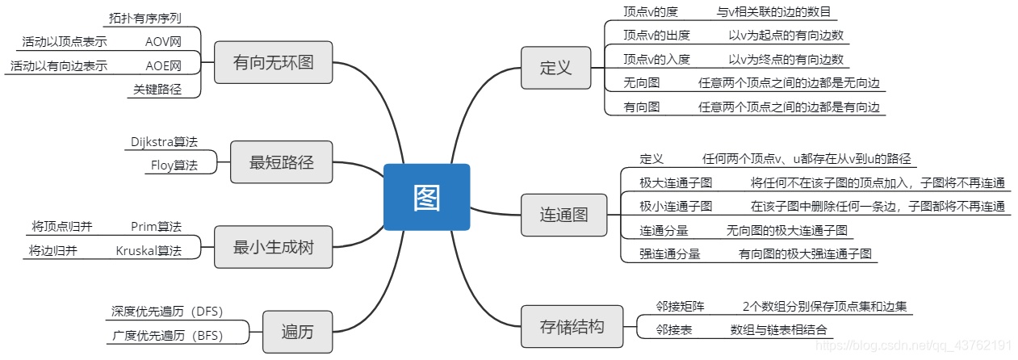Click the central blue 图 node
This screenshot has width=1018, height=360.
click(x=426, y=197)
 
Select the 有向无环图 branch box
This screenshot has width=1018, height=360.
click(x=273, y=63)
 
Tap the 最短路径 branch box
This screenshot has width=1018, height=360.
click(x=281, y=162)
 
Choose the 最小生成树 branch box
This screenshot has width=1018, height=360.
click(x=273, y=247)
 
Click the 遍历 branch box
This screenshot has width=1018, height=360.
click(x=297, y=332)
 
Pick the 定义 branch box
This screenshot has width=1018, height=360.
click(x=555, y=67)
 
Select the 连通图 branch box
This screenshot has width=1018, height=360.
click(x=563, y=216)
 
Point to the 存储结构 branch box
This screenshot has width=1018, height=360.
click(x=572, y=327)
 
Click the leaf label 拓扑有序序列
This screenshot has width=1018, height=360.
click(x=145, y=17)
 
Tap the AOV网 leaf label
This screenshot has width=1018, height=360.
click(x=163, y=41)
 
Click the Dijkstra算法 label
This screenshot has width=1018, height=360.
click(x=164, y=141)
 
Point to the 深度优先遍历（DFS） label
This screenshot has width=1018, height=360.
click(x=167, y=311)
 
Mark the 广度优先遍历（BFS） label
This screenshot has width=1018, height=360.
click(x=167, y=334)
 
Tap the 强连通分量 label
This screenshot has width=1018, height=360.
click(x=670, y=253)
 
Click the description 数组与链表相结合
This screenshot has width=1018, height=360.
click(x=778, y=329)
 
